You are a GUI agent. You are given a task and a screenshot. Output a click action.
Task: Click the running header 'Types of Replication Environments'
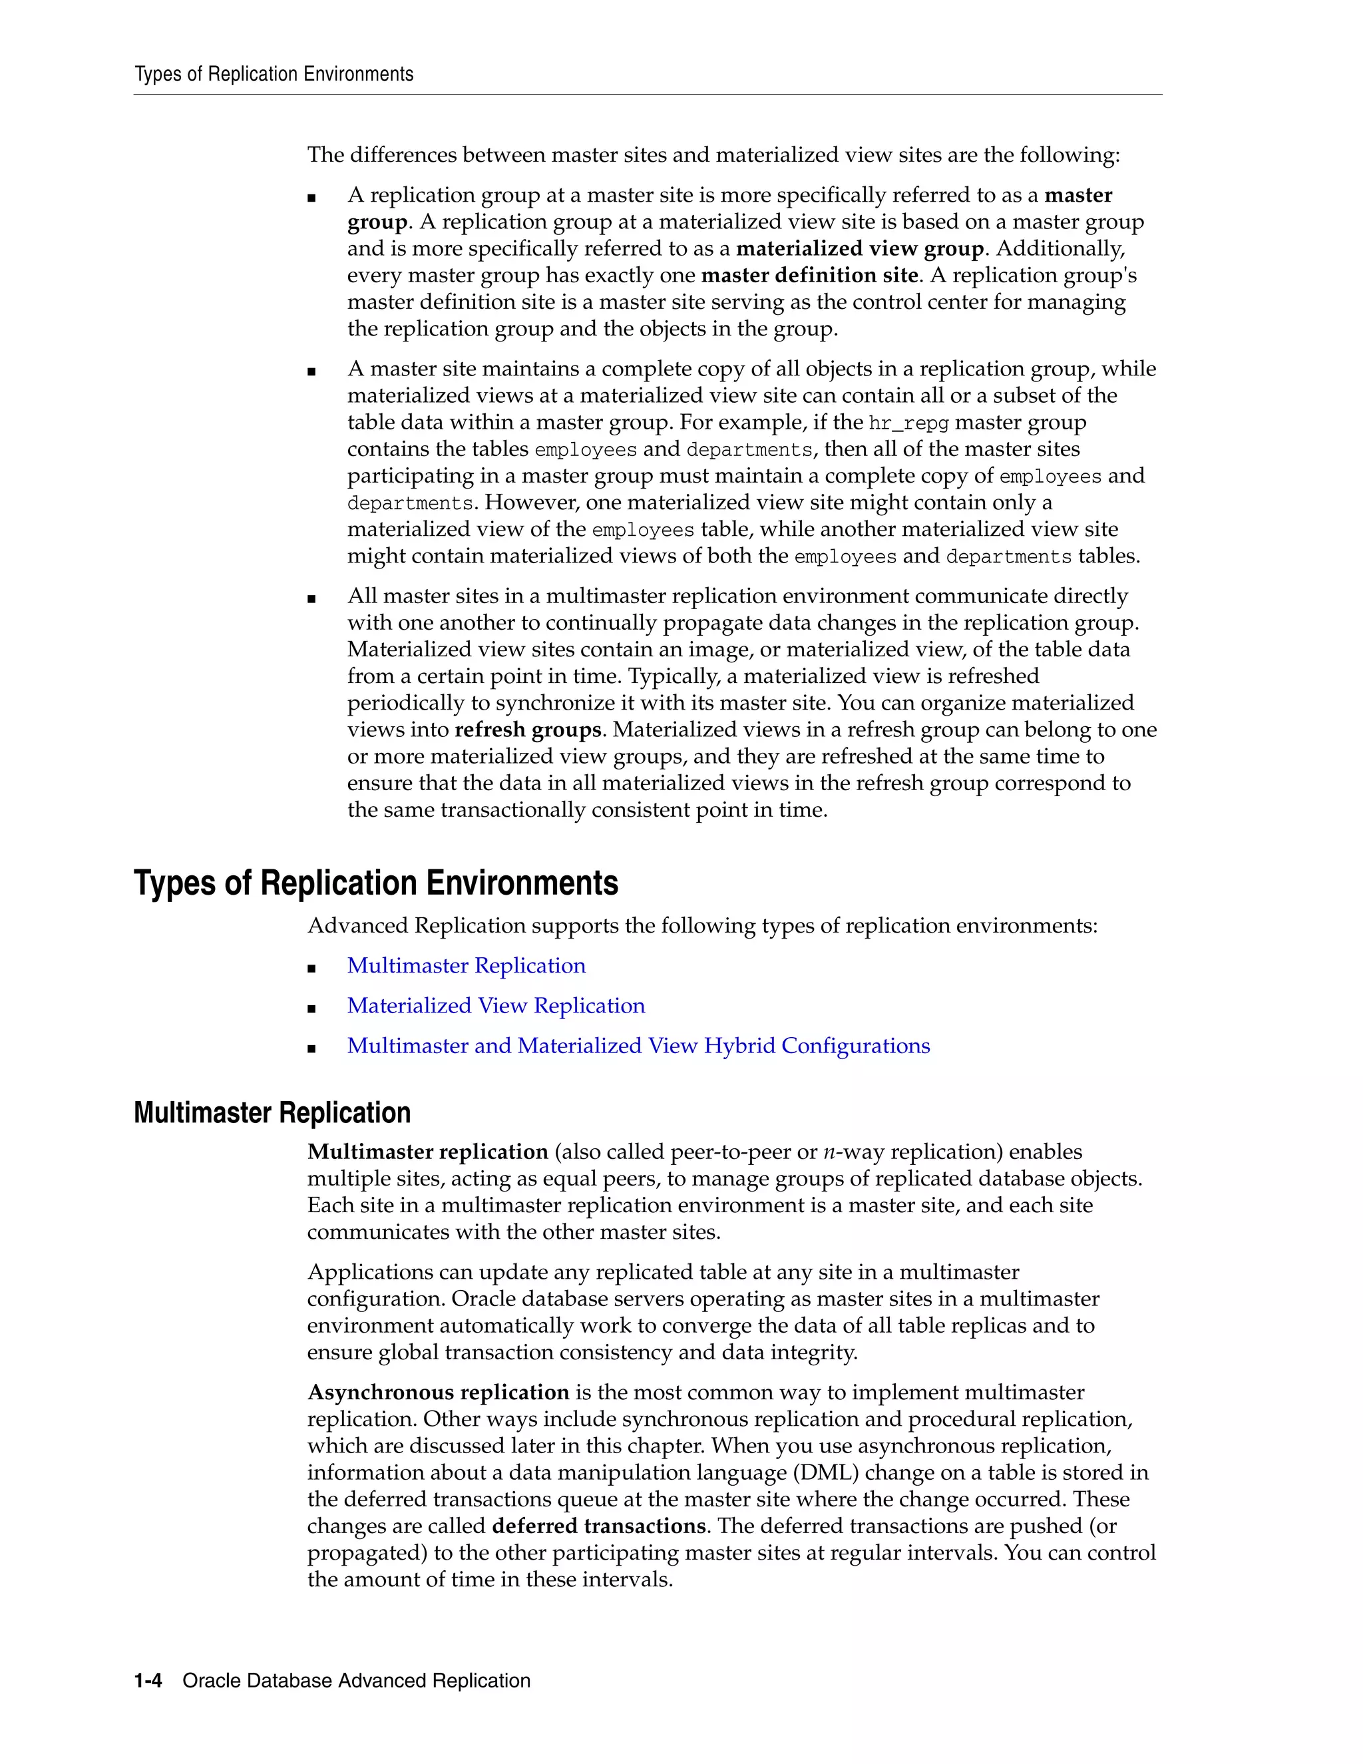coord(274,75)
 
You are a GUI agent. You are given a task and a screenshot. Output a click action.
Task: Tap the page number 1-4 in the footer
coord(148,1681)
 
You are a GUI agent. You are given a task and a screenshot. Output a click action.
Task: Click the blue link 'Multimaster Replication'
coord(466,966)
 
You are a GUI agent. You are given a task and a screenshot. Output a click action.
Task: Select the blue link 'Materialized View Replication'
coord(496,1006)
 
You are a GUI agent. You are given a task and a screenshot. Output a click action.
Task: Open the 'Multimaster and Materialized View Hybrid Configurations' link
coord(638,1046)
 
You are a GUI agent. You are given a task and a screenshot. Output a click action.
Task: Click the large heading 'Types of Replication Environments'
coord(375,883)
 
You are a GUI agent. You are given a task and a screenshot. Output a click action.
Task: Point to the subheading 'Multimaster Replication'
coord(272,1113)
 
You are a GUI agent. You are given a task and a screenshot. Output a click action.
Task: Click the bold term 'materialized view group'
coord(860,249)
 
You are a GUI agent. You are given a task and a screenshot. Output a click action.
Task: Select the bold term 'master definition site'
coord(809,276)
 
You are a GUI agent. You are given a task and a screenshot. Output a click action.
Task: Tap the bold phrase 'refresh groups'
coord(528,730)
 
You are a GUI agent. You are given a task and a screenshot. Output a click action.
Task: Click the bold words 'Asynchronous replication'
coord(439,1393)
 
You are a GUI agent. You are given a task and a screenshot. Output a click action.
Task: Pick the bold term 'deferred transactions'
coord(599,1526)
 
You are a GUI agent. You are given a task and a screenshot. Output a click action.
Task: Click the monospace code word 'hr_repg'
coord(908,423)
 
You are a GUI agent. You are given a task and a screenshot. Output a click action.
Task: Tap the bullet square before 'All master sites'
coord(311,598)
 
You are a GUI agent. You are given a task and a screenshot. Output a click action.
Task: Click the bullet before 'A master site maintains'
coord(311,371)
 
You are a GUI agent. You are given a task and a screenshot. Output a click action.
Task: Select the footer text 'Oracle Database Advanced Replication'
coord(356,1681)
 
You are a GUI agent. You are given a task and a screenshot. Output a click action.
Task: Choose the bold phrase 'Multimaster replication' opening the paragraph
coord(428,1152)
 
